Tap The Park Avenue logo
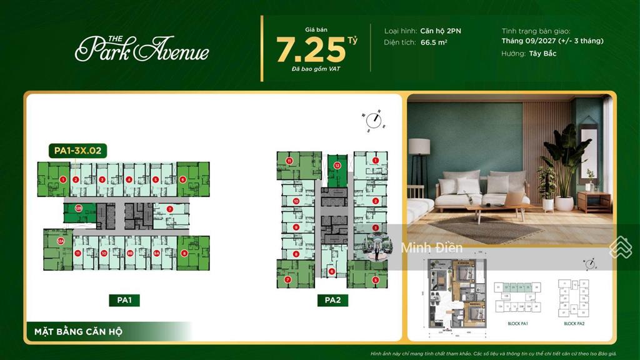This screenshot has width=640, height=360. [142, 48]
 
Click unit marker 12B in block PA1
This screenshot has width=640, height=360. [79, 209]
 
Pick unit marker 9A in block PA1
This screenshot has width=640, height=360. [156, 253]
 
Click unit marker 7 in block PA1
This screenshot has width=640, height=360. [169, 209]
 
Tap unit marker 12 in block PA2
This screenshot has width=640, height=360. [337, 166]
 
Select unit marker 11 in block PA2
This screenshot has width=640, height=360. [289, 161]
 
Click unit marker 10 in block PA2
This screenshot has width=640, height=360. [296, 201]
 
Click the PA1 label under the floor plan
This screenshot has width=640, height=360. [124, 301]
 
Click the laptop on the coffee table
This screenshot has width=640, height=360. [514, 199]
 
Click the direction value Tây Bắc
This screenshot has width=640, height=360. [542, 54]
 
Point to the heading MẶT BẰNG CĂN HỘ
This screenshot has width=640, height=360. [67, 331]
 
